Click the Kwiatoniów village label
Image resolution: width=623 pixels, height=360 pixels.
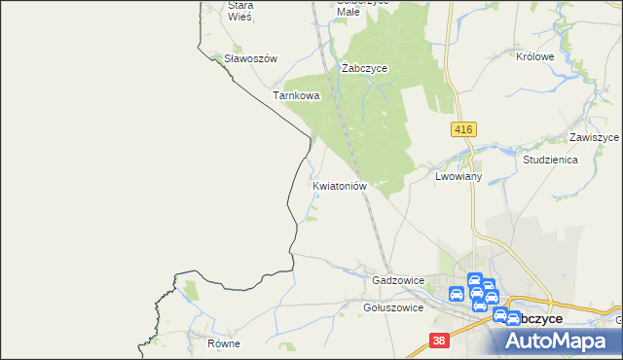[x=339, y=185]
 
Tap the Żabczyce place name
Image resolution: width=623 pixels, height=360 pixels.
[x=365, y=69]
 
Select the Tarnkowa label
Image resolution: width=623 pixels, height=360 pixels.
[x=296, y=96]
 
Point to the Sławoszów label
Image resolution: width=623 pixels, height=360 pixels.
[x=250, y=58]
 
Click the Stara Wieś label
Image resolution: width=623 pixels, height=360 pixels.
[x=239, y=11]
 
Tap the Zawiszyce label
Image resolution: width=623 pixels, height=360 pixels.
[x=595, y=138]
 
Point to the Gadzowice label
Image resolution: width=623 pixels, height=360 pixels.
[x=398, y=280]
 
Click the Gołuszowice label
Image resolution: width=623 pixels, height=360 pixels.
[x=392, y=307]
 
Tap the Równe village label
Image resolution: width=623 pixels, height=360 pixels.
[x=223, y=344]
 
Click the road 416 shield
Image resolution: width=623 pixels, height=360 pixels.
[x=462, y=128]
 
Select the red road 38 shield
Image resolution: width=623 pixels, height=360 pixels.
[x=440, y=341]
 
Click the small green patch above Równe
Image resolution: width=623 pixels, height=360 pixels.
[x=191, y=288]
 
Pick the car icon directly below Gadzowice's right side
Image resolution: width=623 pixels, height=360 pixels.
[x=457, y=294]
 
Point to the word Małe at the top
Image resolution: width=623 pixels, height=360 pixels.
[x=348, y=13]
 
